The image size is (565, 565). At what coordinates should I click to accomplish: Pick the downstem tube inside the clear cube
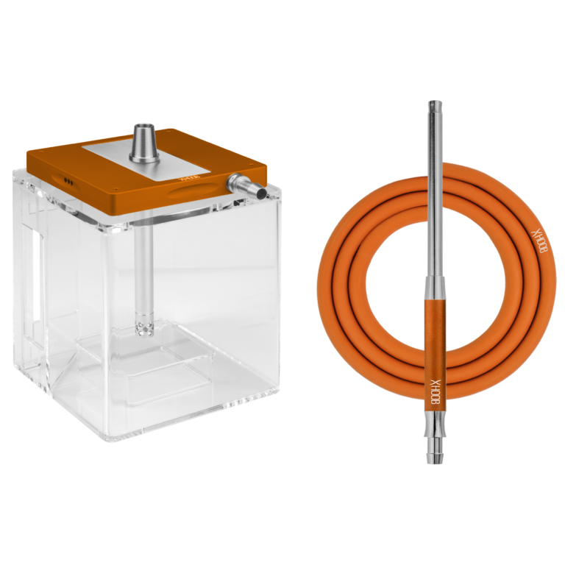click(x=144, y=265)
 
